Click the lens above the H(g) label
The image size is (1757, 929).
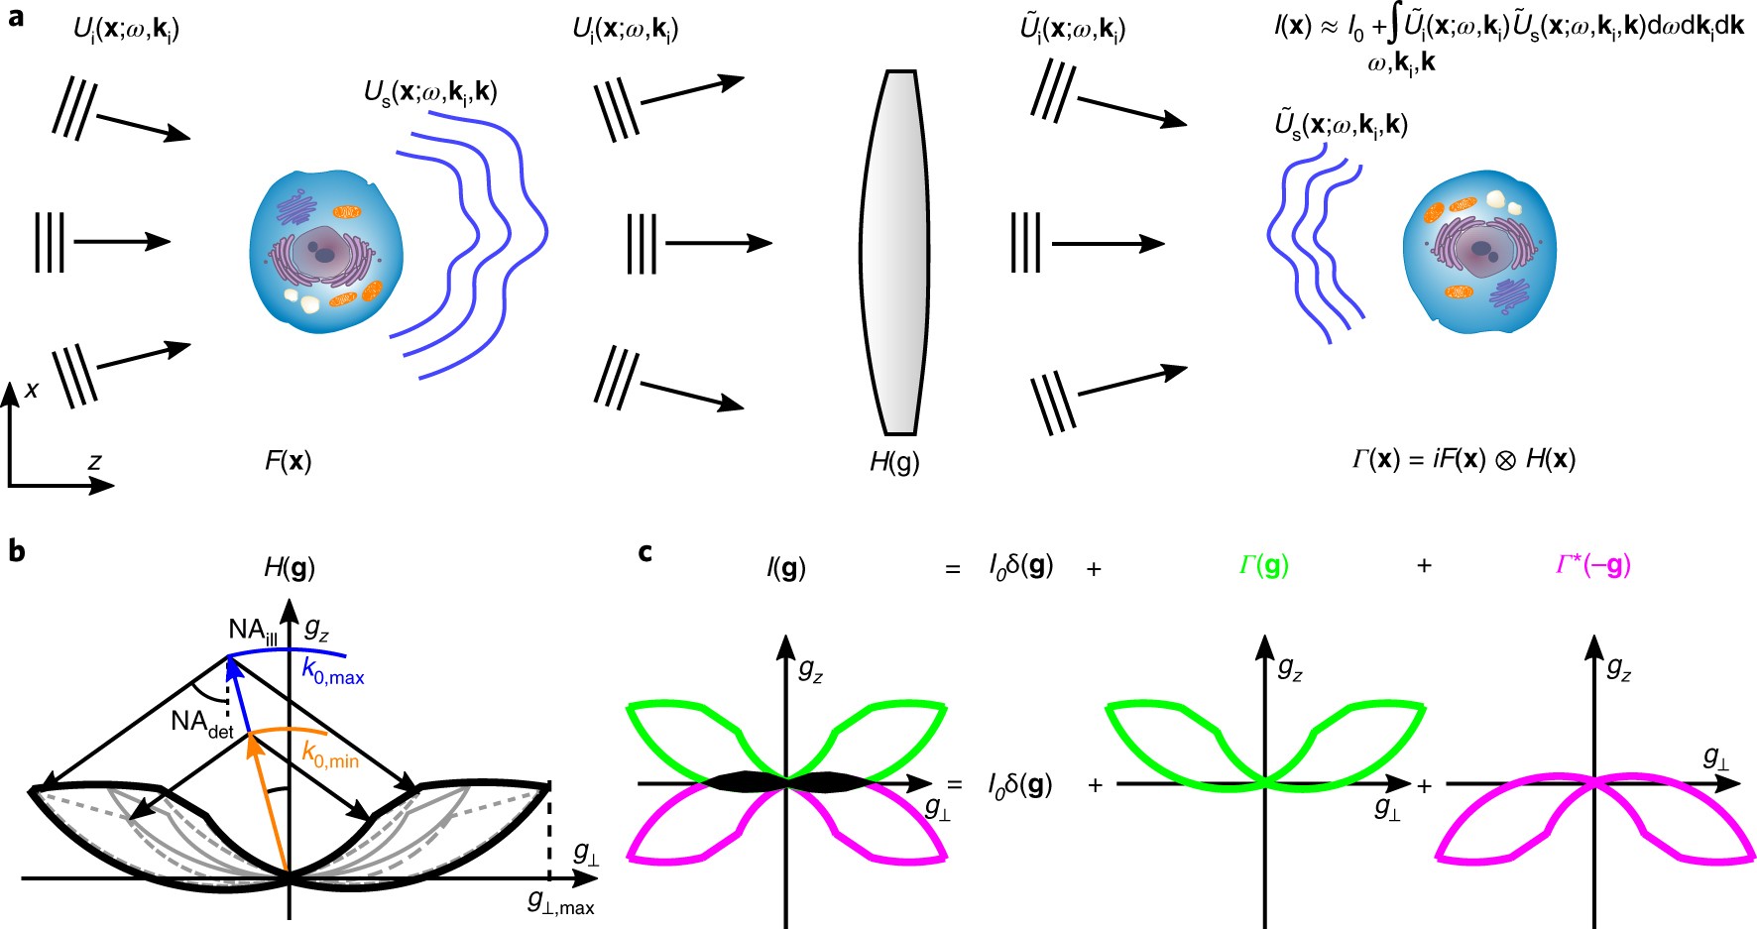[x=894, y=253]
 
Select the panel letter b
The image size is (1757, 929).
[x=17, y=551]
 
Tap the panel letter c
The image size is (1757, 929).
[x=645, y=551]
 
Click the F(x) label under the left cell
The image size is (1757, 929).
[x=288, y=461]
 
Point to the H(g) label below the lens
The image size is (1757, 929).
[x=894, y=462]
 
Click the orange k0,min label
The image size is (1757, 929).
[x=329, y=755]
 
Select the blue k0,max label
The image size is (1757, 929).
[x=332, y=672]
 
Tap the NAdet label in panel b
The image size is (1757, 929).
[x=201, y=724]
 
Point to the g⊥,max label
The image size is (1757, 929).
[x=560, y=902]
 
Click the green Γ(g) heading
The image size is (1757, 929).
[x=1264, y=566]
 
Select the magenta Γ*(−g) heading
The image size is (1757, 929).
[x=1593, y=566]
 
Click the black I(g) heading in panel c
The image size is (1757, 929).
[x=786, y=568]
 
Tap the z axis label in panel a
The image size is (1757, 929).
[x=94, y=461]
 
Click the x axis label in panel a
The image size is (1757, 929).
[x=32, y=390]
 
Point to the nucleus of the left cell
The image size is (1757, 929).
[x=323, y=251]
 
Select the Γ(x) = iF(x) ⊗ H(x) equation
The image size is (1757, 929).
[x=1464, y=460]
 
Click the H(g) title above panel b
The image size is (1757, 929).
[x=290, y=568]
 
